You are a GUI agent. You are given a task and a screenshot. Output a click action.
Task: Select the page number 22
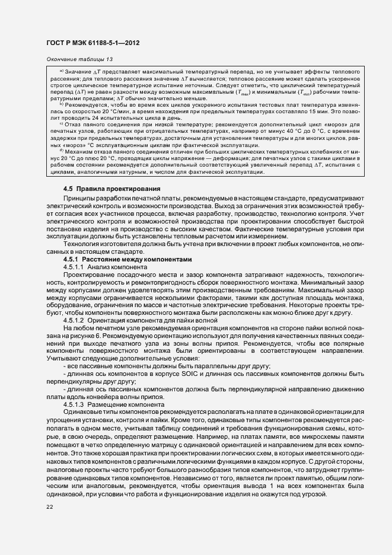click(49, 506)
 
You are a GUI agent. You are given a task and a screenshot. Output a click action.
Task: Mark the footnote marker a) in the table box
click(62, 71)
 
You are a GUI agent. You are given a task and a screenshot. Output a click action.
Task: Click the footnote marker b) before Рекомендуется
click(62, 104)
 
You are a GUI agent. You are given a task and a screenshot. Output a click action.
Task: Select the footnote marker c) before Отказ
click(62, 124)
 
